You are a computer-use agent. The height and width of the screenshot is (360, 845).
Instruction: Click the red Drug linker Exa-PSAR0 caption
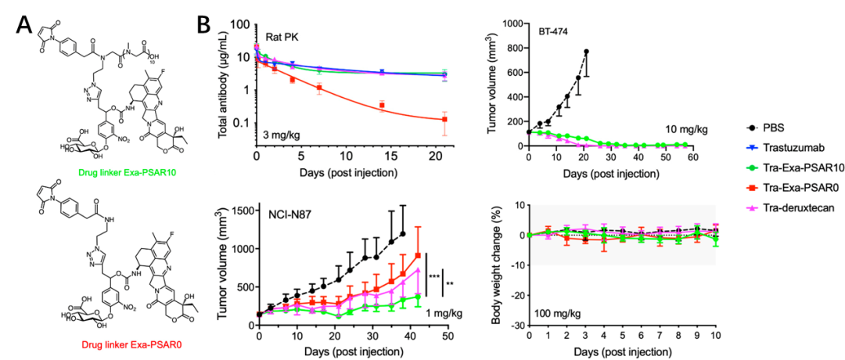coord(115,340)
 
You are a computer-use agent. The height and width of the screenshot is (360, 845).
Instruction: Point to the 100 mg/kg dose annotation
coord(559,314)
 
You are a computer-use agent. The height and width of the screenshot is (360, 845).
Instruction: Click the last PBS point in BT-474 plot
coord(586,52)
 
